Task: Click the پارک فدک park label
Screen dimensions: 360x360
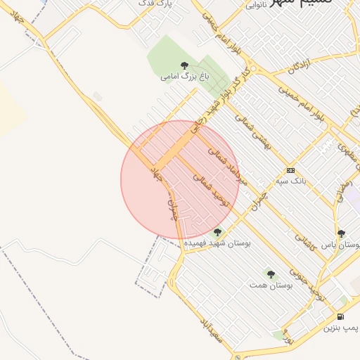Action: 157,4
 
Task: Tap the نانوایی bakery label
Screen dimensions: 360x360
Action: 255,5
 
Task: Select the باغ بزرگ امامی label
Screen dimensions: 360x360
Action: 185,75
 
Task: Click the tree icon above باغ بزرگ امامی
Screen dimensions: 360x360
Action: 185,65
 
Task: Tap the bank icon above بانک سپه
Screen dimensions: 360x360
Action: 290,171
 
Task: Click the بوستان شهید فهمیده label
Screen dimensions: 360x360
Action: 218,243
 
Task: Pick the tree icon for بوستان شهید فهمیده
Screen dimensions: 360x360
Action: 218,231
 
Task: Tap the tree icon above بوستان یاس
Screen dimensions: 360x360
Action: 341,234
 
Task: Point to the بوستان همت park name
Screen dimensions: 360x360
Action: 270,285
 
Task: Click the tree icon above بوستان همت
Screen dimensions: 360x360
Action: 271,274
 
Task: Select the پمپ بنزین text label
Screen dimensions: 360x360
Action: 340,328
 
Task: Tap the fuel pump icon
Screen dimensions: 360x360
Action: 340,317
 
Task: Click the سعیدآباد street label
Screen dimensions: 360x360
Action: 212,331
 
